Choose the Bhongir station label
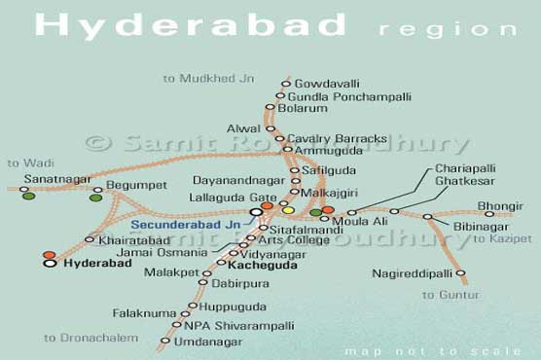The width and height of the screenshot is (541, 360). (500, 206)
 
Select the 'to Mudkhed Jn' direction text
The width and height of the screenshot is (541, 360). (204, 78)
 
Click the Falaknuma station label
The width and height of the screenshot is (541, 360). (144, 314)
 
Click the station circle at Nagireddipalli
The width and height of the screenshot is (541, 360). (461, 273)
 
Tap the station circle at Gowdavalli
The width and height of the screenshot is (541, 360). (286, 84)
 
